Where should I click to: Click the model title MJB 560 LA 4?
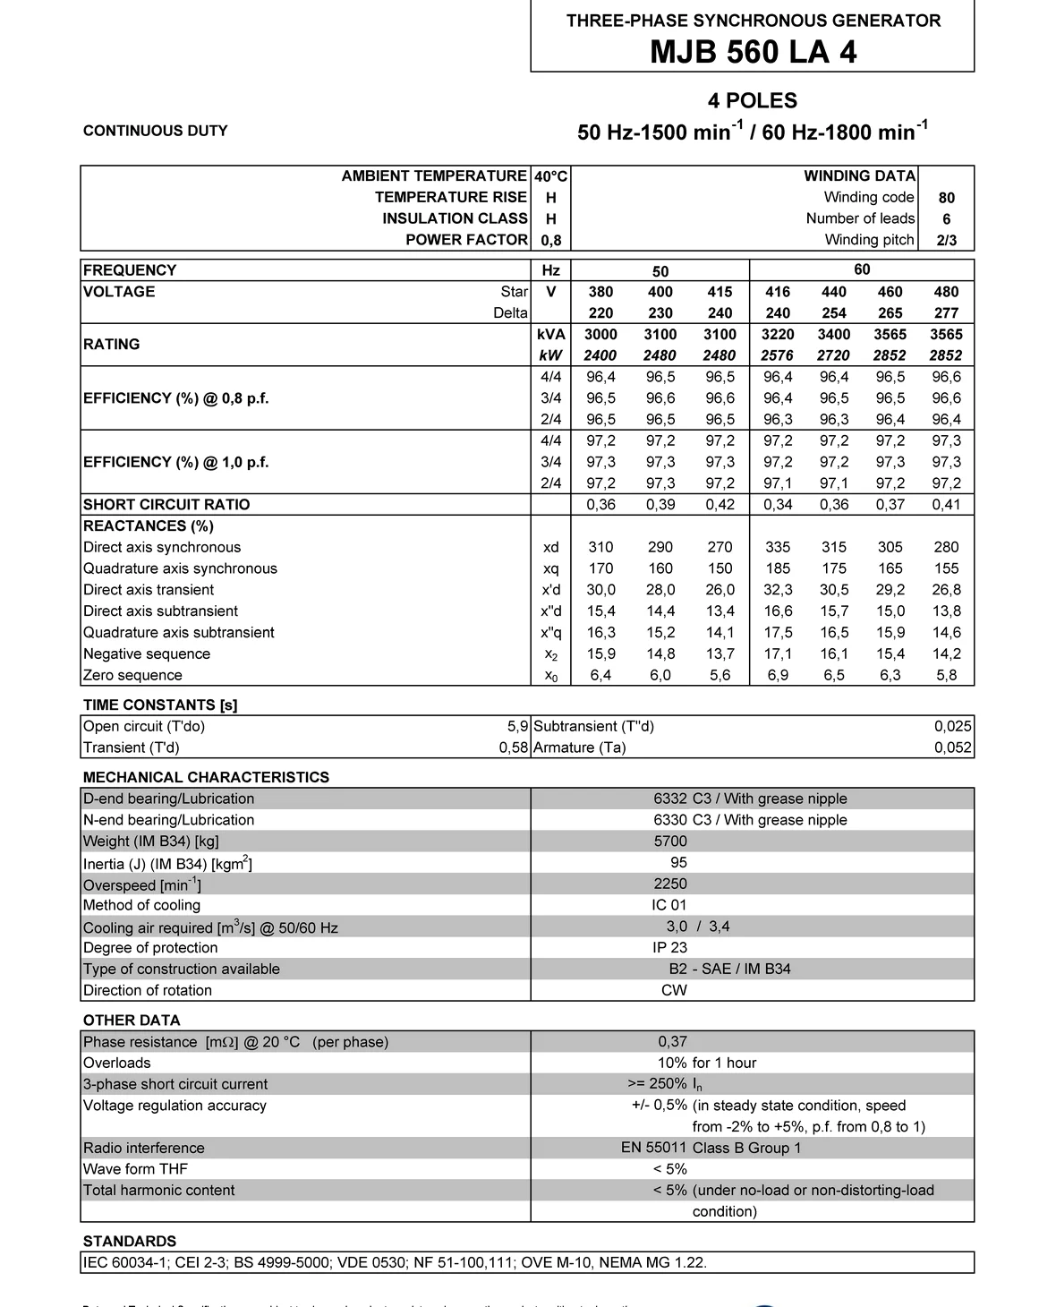pyautogui.click(x=753, y=52)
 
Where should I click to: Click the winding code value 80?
pyautogui.click(x=946, y=198)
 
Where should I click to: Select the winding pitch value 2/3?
pyautogui.click(x=946, y=240)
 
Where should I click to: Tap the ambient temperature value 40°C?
pyautogui.click(x=551, y=176)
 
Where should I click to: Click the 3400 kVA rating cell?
pyautogui.click(x=834, y=334)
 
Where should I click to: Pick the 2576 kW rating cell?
pyautogui.click(x=777, y=355)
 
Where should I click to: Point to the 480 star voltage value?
pyautogui.click(x=946, y=292)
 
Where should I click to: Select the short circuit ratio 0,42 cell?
pyautogui.click(x=720, y=504)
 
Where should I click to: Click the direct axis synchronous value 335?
pyautogui.click(x=778, y=547)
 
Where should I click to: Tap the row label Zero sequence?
pyautogui.click(x=132, y=675)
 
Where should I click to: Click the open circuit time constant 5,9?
pyautogui.click(x=517, y=726)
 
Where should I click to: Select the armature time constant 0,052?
pyautogui.click(x=952, y=747)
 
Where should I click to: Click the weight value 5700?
pyautogui.click(x=670, y=841)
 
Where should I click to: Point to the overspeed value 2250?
pyautogui.click(x=670, y=884)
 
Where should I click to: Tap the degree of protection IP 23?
pyautogui.click(x=670, y=947)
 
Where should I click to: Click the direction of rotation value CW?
pyautogui.click(x=674, y=990)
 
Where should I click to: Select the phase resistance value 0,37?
pyautogui.click(x=672, y=1041)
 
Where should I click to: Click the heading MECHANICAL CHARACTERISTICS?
pyautogui.click(x=206, y=777)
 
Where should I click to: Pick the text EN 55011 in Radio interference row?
pyautogui.click(x=653, y=1148)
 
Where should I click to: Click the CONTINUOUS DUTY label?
pyautogui.click(x=155, y=131)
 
